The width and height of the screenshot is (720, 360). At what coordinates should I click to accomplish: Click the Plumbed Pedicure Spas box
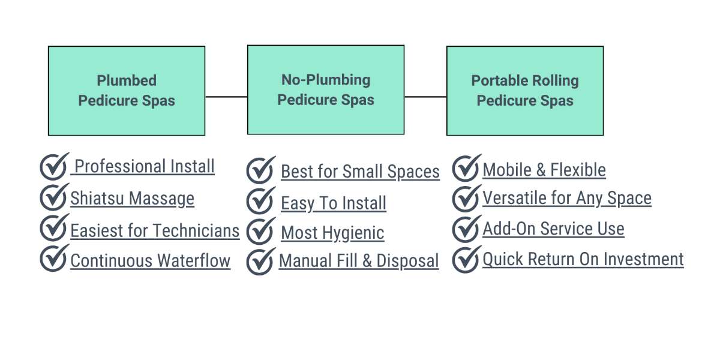point(127,91)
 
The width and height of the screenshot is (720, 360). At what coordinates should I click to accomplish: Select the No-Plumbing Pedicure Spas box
point(326,89)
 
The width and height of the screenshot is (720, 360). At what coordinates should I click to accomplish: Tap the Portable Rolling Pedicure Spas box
point(525,91)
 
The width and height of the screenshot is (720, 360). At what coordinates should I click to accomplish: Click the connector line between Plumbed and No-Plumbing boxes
point(226,97)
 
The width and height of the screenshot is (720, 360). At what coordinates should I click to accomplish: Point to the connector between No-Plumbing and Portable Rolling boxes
point(425,97)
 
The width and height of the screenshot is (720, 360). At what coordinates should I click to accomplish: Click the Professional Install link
point(143,167)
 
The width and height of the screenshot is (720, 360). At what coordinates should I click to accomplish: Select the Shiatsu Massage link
point(133,199)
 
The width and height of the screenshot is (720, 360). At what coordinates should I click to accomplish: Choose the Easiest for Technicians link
point(155,231)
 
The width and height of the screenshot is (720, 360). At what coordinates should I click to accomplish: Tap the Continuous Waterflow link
point(151,260)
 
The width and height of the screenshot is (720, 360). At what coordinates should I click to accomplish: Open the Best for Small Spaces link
point(361,172)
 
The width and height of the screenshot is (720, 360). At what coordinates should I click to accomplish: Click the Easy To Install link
point(334,203)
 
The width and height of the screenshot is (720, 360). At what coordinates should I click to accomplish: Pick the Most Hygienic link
point(332,233)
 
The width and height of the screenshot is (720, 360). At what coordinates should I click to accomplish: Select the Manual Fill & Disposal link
point(359,260)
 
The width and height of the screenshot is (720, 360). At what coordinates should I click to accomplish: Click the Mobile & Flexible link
point(544,170)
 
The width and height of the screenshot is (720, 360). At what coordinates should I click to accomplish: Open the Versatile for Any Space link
point(567,198)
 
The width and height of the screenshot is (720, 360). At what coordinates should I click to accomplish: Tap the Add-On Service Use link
point(553,229)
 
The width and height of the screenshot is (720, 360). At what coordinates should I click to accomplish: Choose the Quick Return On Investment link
point(583,259)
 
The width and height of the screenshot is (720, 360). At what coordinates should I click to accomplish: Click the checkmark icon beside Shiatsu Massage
point(53,197)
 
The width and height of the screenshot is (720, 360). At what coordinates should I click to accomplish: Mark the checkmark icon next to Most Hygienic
point(260,232)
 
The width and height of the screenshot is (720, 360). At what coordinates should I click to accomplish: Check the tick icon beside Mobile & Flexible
point(466,168)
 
